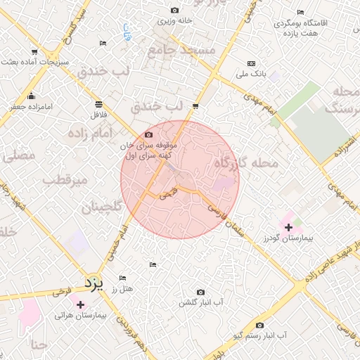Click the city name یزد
[94, 284]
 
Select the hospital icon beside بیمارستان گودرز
[288, 226]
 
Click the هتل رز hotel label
[123, 288]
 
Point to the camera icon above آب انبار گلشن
[201, 292]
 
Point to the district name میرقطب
[65, 180]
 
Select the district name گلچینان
[102, 207]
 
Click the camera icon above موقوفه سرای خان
[148, 135]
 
